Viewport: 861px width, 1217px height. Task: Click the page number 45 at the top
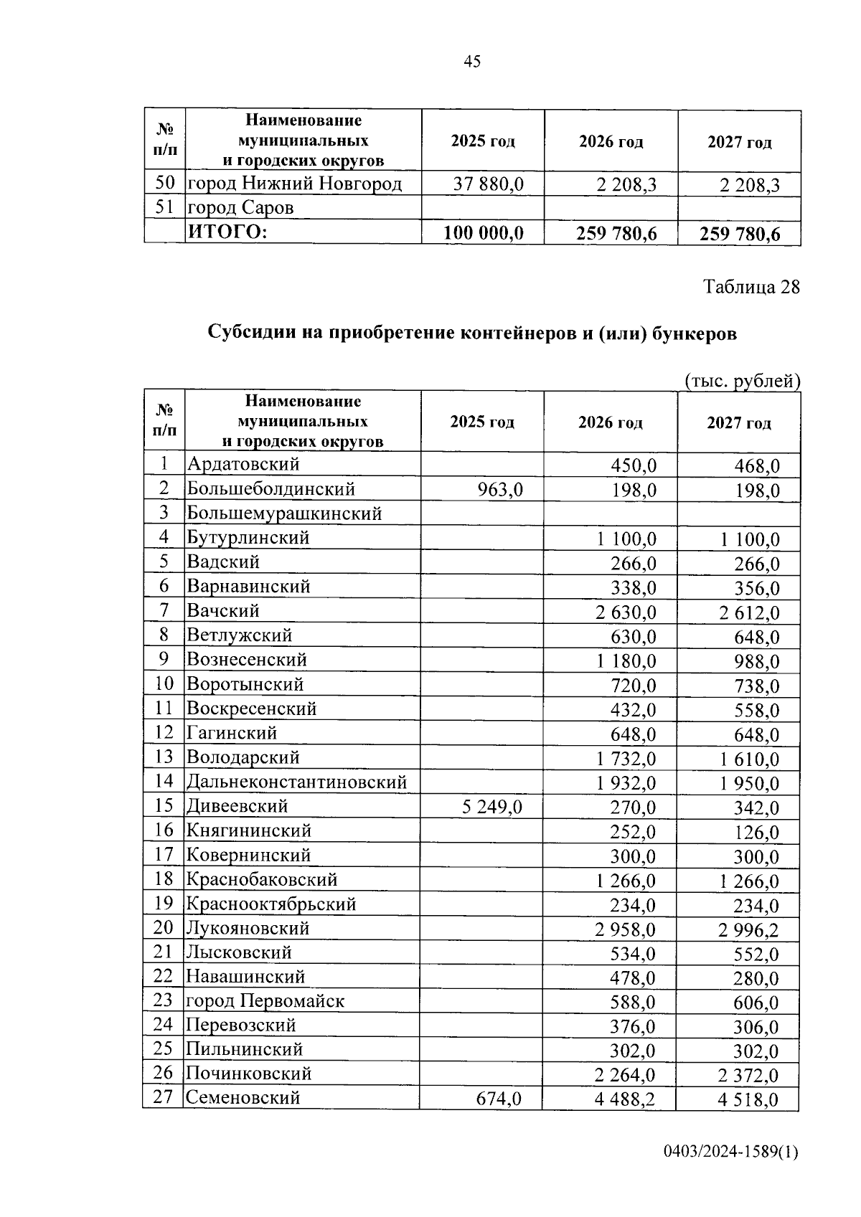[472, 62]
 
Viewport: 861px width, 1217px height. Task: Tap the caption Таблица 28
[751, 288]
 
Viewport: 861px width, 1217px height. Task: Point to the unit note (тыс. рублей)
[742, 380]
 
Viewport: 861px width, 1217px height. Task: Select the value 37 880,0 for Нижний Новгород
[488, 185]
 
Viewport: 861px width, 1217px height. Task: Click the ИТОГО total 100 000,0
[484, 233]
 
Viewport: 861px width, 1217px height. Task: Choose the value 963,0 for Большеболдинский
[500, 490]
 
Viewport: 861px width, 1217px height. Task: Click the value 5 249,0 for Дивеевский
[492, 807]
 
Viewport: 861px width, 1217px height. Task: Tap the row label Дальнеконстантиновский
[296, 782]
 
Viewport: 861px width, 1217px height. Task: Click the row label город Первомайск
[265, 1001]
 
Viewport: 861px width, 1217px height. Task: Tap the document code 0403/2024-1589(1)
[730, 1152]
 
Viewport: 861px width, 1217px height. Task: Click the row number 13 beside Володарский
[164, 757]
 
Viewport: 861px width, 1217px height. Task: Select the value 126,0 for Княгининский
[756, 833]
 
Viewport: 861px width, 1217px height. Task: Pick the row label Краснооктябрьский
[271, 904]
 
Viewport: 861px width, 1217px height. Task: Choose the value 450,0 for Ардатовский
[633, 465]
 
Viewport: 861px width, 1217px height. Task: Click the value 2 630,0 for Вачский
[625, 612]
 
